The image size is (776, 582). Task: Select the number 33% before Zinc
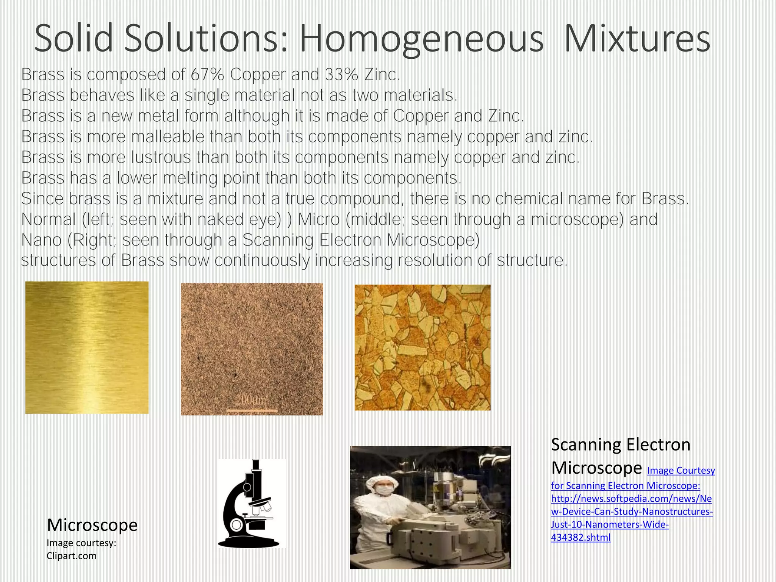[x=341, y=75]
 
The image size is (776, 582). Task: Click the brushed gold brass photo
[x=87, y=347]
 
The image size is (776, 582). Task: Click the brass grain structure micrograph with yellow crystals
[x=422, y=347]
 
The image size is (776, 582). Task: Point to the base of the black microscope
[x=249, y=542]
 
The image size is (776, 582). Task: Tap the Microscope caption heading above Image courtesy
[x=92, y=525]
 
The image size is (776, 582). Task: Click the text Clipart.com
[x=72, y=556]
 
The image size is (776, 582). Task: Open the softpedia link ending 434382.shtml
[x=580, y=538]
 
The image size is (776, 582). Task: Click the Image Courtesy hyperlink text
[x=681, y=471]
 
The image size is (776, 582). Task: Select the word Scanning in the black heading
[x=584, y=444]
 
